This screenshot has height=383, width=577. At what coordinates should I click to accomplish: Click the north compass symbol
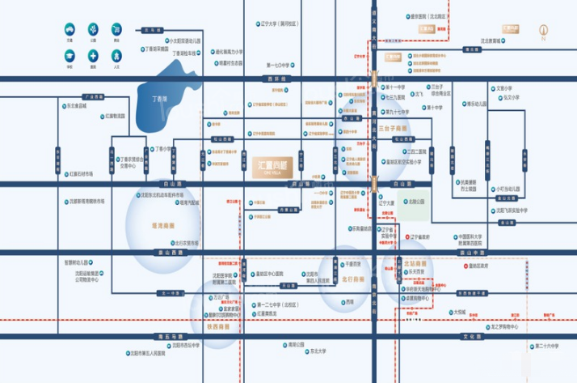coord(544,33)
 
